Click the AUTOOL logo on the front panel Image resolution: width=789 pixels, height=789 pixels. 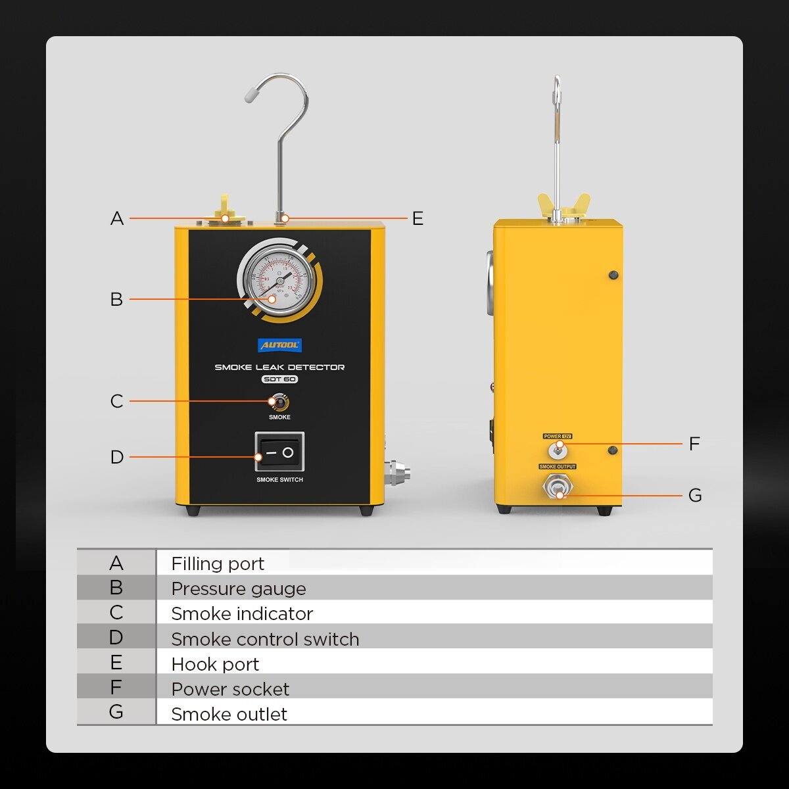(280, 345)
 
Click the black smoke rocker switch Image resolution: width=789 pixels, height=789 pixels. (279, 452)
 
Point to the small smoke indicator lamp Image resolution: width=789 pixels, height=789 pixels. (279, 402)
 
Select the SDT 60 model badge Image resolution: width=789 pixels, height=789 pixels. (279, 379)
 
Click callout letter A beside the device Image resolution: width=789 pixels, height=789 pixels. (117, 218)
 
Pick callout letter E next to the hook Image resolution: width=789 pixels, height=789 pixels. (418, 218)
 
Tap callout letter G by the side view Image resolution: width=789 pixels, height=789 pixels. (695, 495)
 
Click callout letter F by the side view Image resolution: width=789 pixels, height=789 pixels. (694, 444)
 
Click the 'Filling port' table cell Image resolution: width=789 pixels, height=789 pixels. (218, 563)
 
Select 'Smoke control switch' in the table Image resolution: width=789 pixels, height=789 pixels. (265, 639)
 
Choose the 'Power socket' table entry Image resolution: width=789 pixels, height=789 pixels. (230, 689)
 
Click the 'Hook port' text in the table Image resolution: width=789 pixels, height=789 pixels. (215, 664)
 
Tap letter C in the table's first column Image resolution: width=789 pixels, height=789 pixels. (116, 613)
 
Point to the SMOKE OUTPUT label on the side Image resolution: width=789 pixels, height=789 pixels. (557, 466)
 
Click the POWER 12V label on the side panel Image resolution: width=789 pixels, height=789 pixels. (558, 436)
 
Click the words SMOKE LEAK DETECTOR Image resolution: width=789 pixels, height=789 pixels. (279, 367)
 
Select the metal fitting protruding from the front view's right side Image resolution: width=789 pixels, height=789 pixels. (398, 473)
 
